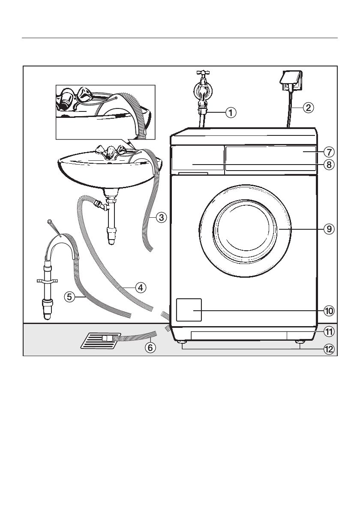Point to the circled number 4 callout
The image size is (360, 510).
click(140, 288)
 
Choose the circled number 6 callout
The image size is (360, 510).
click(150, 348)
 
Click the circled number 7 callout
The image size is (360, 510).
click(329, 151)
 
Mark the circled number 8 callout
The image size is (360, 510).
click(329, 165)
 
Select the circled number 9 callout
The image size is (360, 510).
click(329, 229)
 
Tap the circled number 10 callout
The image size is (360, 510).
click(329, 310)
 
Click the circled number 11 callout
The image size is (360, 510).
click(329, 331)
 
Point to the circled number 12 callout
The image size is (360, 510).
click(329, 349)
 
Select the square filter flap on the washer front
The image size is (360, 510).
click(189, 310)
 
